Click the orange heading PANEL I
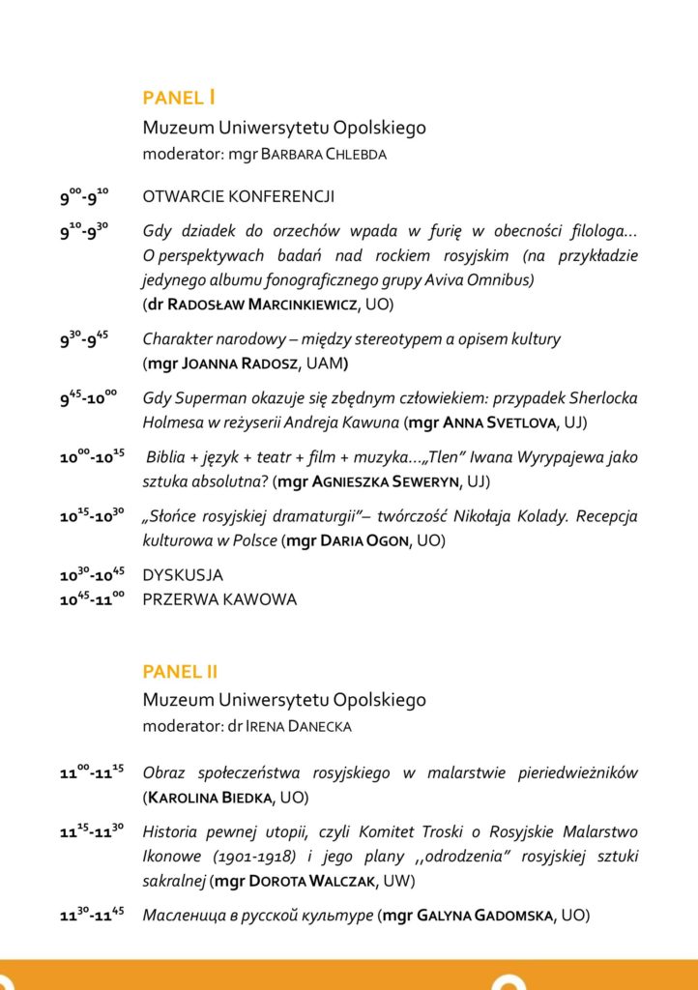pos(179,98)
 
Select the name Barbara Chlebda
pos(324,155)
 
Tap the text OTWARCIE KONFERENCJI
pos(239,197)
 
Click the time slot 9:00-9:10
pos(84,199)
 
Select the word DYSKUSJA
pos(183,575)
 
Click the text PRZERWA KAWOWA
pos(219,599)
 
